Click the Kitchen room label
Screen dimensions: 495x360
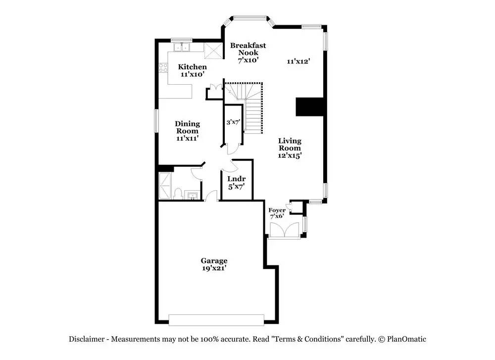(192, 67)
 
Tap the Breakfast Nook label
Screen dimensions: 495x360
(248, 49)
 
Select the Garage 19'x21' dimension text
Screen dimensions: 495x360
(214, 268)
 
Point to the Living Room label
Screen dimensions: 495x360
(290, 144)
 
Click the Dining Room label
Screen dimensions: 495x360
(187, 127)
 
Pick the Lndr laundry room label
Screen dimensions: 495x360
(237, 179)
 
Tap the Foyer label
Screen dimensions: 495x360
(277, 210)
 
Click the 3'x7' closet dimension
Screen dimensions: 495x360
(233, 122)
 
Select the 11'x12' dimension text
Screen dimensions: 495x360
(298, 61)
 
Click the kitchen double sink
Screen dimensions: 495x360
(182, 47)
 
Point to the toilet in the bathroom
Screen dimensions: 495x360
(178, 194)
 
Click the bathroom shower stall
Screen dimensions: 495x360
(165, 186)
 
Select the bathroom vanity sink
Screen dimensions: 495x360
(192, 196)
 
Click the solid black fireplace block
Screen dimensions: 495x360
(310, 107)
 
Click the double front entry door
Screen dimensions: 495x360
(285, 230)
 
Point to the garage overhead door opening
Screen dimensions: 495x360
(216, 319)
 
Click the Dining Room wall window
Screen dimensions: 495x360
(156, 121)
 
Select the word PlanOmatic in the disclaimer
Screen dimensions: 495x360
(406, 339)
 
